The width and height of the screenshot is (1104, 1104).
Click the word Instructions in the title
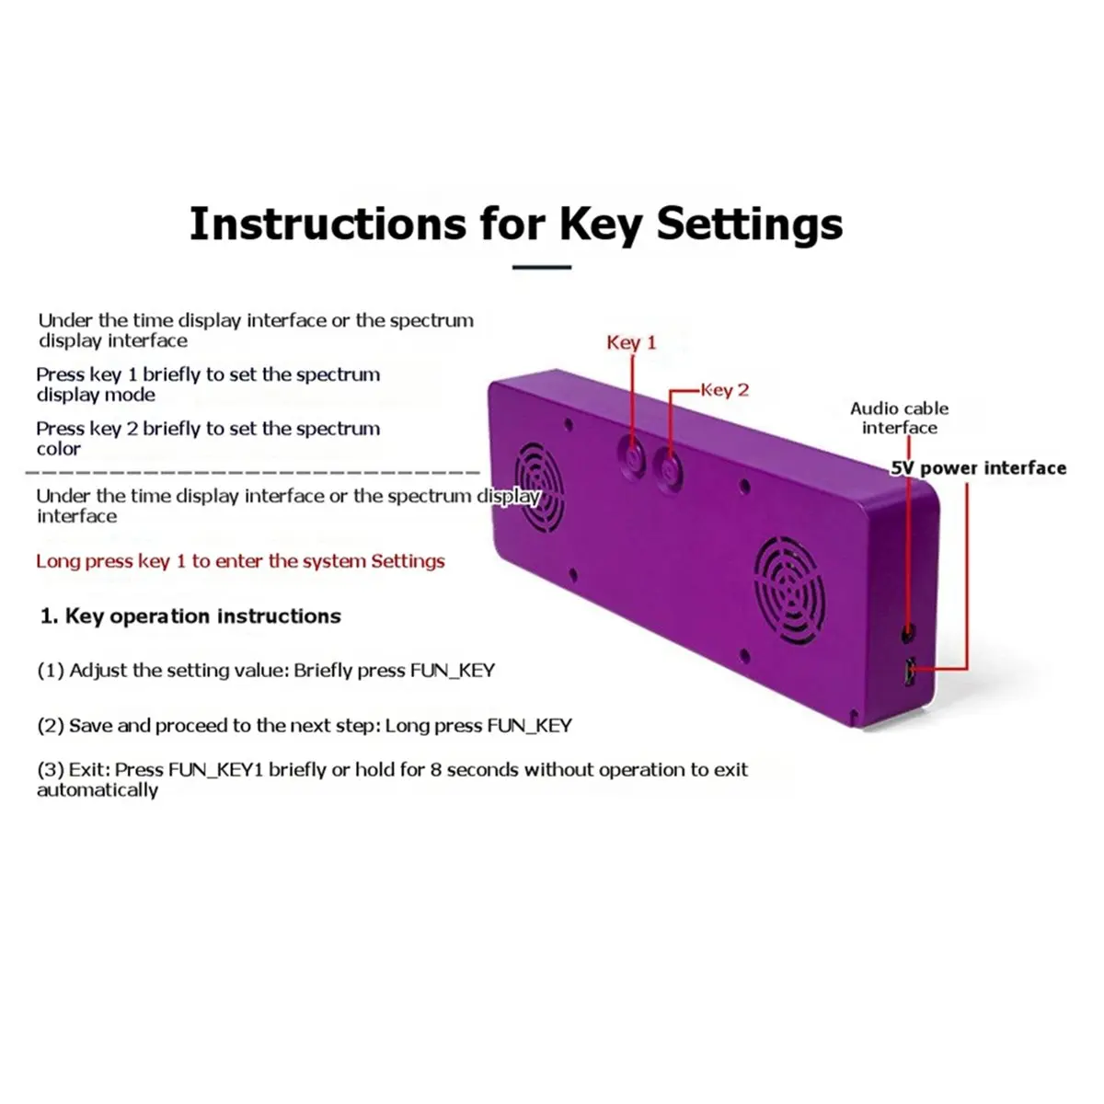point(328,224)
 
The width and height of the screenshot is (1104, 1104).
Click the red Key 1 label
point(631,342)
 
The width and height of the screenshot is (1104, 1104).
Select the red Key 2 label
point(725,390)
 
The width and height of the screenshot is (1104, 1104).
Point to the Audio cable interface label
point(899,418)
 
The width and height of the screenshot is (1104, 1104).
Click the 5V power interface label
point(979,468)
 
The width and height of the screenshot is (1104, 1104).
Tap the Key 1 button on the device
point(631,458)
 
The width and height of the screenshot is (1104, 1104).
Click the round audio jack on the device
point(907,632)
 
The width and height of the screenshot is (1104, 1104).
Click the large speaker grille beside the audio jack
point(790,590)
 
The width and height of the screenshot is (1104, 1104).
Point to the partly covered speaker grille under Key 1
point(538,487)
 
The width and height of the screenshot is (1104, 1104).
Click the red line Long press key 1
point(240,561)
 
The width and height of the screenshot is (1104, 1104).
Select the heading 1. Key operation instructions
point(190,615)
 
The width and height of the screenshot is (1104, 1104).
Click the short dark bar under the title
point(541,267)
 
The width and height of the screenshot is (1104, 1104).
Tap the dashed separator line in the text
point(253,473)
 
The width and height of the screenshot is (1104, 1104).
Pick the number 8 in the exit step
point(435,769)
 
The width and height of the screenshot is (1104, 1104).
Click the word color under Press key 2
point(59,449)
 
